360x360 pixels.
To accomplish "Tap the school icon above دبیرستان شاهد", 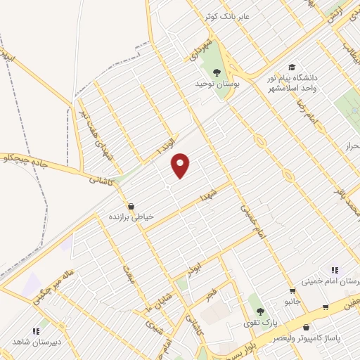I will [x=35, y=331].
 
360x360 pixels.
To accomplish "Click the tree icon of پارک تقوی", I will [x=261, y=311].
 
